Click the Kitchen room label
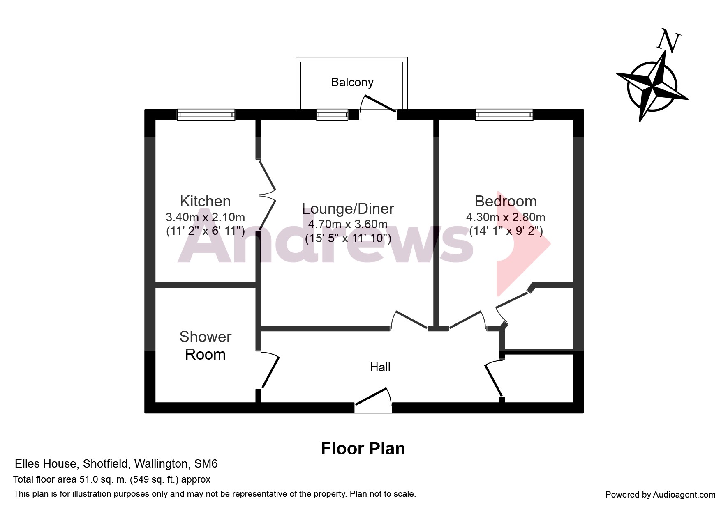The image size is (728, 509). click(205, 201)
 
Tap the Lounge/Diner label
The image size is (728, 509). click(348, 209)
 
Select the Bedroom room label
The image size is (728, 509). click(506, 201)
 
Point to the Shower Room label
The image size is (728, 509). click(205, 345)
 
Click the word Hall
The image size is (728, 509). click(380, 367)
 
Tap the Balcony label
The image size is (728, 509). click(352, 82)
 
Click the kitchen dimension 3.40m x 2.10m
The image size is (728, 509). click(205, 217)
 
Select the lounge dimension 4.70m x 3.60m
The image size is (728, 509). click(348, 224)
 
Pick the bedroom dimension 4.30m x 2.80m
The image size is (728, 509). click(506, 217)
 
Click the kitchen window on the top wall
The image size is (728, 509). click(206, 115)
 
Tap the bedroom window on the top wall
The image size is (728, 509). click(504, 115)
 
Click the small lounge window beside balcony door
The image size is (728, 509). click(332, 115)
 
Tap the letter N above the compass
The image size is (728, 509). click(668, 41)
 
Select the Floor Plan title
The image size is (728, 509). click(363, 449)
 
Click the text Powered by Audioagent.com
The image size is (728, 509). click(660, 495)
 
